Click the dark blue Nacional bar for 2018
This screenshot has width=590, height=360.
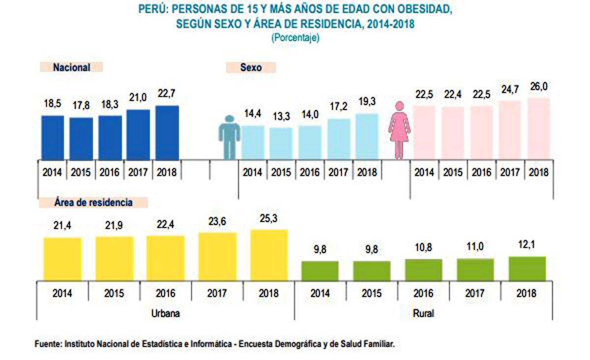point(167,132)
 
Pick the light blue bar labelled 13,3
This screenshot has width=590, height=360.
point(281,143)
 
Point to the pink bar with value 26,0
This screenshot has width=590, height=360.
point(537,128)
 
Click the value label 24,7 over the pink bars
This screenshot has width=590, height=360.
point(509,89)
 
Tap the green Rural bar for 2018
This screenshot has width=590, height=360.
point(527,269)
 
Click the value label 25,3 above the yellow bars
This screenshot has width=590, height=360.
point(268,218)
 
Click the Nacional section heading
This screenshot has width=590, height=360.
point(71,67)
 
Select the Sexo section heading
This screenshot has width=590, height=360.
point(251,67)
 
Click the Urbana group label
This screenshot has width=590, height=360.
point(166,313)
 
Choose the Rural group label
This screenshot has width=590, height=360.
point(423,313)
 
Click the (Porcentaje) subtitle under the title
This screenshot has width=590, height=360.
point(295,38)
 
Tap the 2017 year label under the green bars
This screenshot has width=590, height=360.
point(475,294)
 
